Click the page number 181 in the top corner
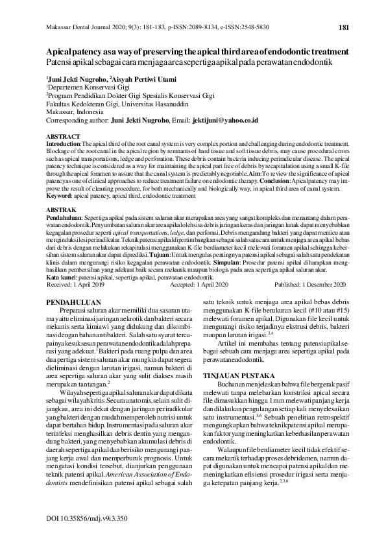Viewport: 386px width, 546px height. [x=344, y=27]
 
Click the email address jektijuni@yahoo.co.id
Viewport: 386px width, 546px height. [x=228, y=121]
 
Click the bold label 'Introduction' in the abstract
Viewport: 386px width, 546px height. [x=64, y=143]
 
